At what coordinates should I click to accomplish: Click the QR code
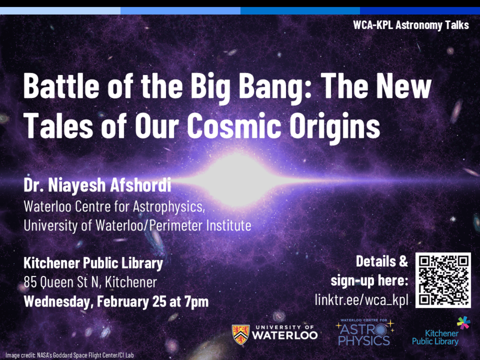(443, 280)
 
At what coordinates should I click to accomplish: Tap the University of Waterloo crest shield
(240, 335)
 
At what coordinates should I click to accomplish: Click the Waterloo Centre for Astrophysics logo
(365, 332)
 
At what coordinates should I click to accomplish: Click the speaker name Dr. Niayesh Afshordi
(97, 185)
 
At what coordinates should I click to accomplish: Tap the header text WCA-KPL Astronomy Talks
(411, 25)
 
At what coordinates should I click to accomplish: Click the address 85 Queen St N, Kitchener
(90, 282)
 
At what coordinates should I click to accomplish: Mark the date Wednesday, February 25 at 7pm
(116, 301)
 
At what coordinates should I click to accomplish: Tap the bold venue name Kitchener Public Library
(93, 263)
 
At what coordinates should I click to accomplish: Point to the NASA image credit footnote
(69, 355)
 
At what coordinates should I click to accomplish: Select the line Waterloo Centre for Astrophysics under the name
(114, 206)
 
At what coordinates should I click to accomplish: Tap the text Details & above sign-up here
(382, 262)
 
